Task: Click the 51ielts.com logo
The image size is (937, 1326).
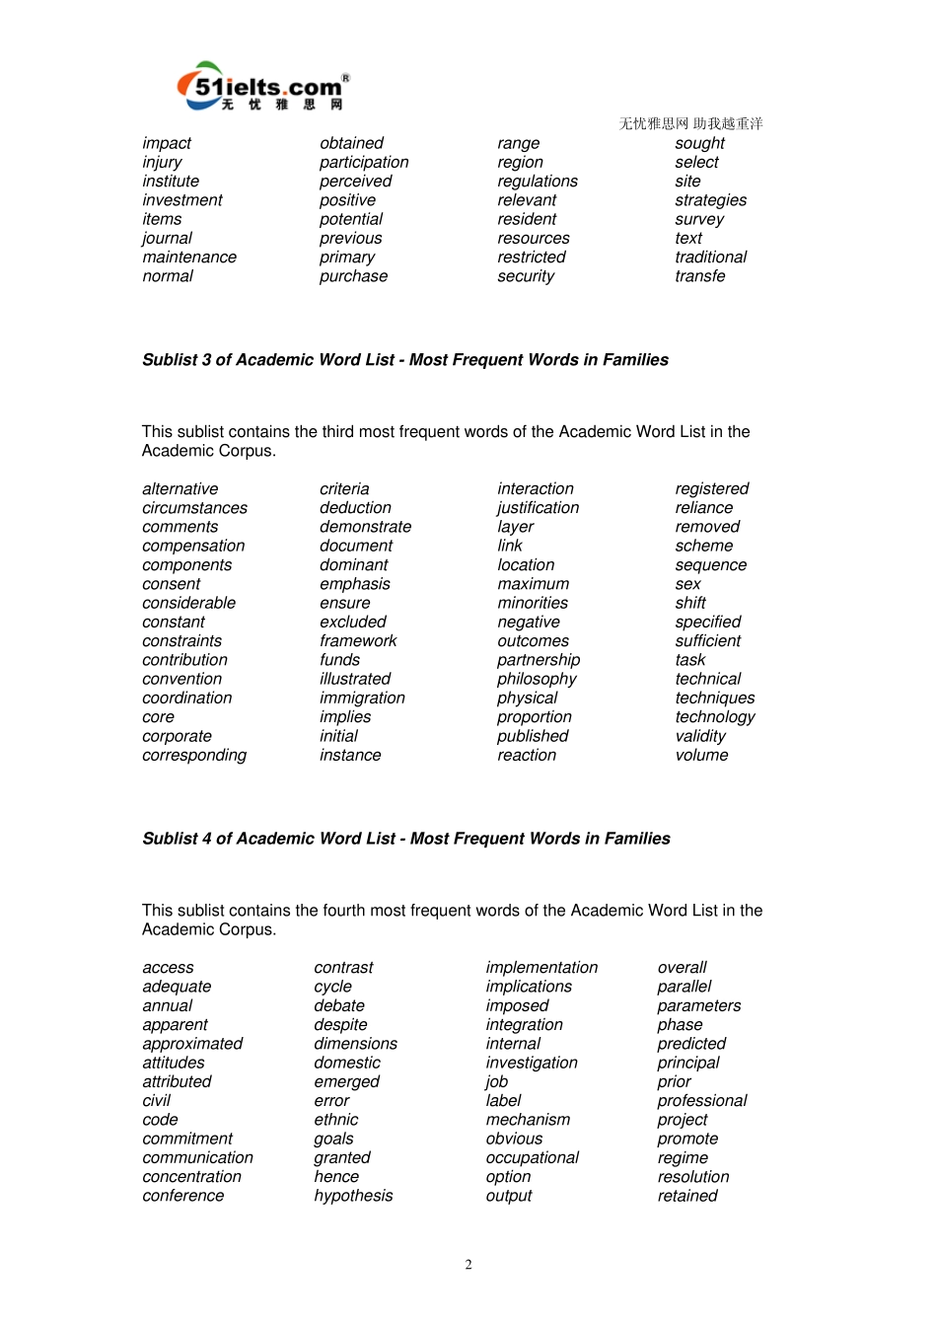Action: pyautogui.click(x=262, y=87)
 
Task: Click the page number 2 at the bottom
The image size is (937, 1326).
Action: pyautogui.click(x=468, y=1265)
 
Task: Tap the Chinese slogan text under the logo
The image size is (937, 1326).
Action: pyautogui.click(x=690, y=123)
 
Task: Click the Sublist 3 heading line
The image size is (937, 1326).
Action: pyautogui.click(x=405, y=360)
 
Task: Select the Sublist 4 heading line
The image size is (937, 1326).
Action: pyautogui.click(x=406, y=839)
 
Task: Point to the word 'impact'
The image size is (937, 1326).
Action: pyautogui.click(x=167, y=144)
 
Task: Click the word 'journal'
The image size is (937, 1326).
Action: pyautogui.click(x=167, y=239)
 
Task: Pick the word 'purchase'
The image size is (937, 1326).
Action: pyautogui.click(x=353, y=277)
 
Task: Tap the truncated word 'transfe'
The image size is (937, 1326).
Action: pyautogui.click(x=699, y=277)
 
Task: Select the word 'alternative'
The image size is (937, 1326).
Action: pyautogui.click(x=180, y=489)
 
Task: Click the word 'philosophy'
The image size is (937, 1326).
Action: pyautogui.click(x=537, y=680)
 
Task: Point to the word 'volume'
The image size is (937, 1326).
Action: pyautogui.click(x=701, y=756)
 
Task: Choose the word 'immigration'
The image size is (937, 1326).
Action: pyautogui.click(x=362, y=699)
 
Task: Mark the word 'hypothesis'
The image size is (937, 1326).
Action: pyautogui.click(x=353, y=1196)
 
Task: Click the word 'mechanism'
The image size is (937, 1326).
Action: pyautogui.click(x=528, y=1120)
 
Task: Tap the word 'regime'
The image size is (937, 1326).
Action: pyautogui.click(x=683, y=1158)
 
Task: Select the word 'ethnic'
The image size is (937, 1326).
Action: pyautogui.click(x=335, y=1120)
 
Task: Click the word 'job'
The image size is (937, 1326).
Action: pyautogui.click(x=496, y=1082)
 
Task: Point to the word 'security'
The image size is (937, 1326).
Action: pyautogui.click(x=526, y=277)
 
